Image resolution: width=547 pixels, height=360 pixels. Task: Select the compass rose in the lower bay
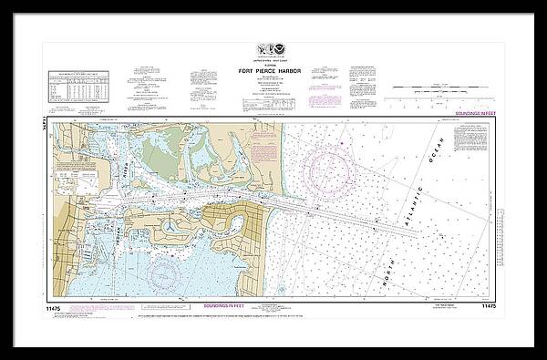click(x=166, y=266)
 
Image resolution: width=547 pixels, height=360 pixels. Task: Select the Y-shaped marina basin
click(x=172, y=225)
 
